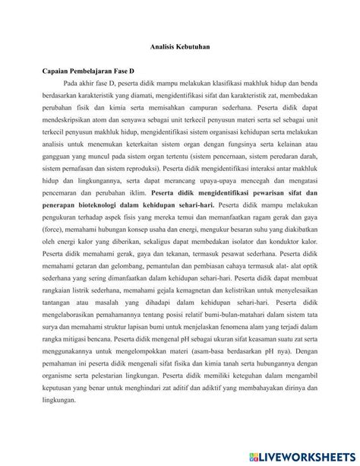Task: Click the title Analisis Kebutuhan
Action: (180, 48)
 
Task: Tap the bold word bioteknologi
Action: (92, 204)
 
